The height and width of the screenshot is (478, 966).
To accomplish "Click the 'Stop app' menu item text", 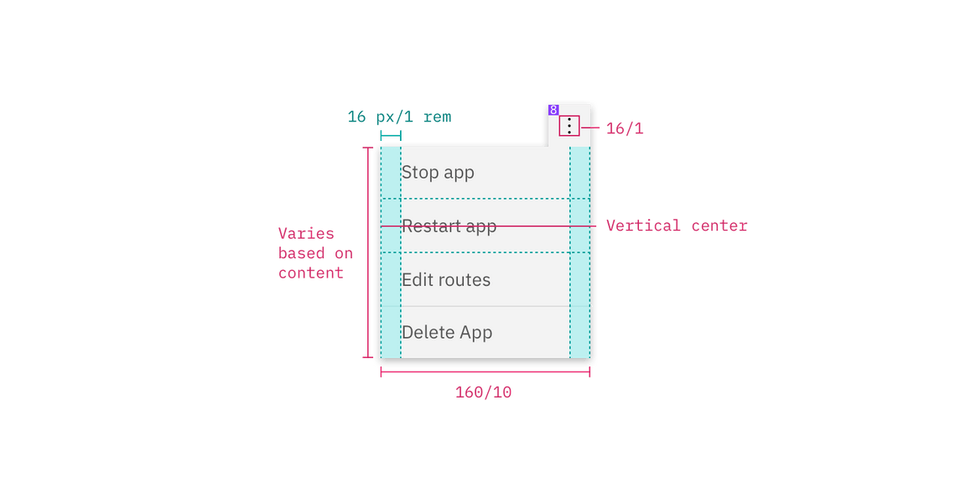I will click(438, 173).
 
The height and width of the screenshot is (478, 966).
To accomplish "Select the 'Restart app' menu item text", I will click(449, 226).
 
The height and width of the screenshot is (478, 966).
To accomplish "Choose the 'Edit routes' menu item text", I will click(445, 280).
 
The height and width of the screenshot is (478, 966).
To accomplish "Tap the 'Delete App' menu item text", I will click(446, 333).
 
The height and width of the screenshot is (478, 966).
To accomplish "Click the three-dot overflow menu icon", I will click(569, 127).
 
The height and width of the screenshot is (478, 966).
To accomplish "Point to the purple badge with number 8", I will click(553, 110).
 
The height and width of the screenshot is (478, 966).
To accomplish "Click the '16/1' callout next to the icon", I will click(624, 129).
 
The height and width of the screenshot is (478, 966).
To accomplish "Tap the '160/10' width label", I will click(484, 392).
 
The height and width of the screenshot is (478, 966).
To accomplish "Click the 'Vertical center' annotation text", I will click(676, 226).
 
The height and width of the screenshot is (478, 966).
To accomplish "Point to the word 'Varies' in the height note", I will click(305, 234).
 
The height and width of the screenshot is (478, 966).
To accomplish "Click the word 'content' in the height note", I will click(310, 273).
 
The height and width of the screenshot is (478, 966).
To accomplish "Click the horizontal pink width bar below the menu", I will click(486, 371).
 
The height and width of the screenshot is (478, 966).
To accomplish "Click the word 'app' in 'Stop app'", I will click(458, 174).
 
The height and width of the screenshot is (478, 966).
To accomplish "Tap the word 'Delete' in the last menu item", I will click(423, 333).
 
